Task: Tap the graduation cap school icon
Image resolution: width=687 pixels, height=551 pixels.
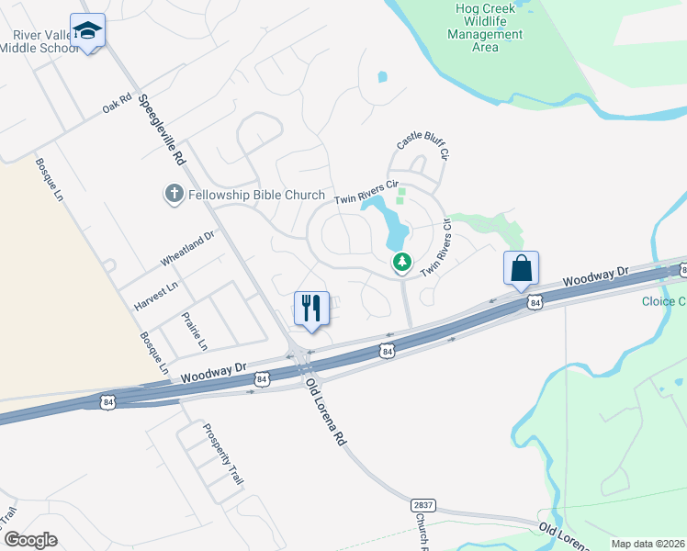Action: tap(88, 32)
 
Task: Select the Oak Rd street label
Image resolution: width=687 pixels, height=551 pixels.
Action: tap(118, 103)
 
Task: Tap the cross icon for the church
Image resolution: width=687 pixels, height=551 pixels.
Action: tap(172, 194)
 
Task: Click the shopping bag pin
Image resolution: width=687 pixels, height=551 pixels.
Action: tap(521, 269)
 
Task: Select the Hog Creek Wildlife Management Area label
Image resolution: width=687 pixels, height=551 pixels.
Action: tap(484, 28)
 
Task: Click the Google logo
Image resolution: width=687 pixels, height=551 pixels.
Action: tap(30, 540)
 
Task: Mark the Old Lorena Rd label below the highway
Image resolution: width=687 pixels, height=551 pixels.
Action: tap(326, 411)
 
